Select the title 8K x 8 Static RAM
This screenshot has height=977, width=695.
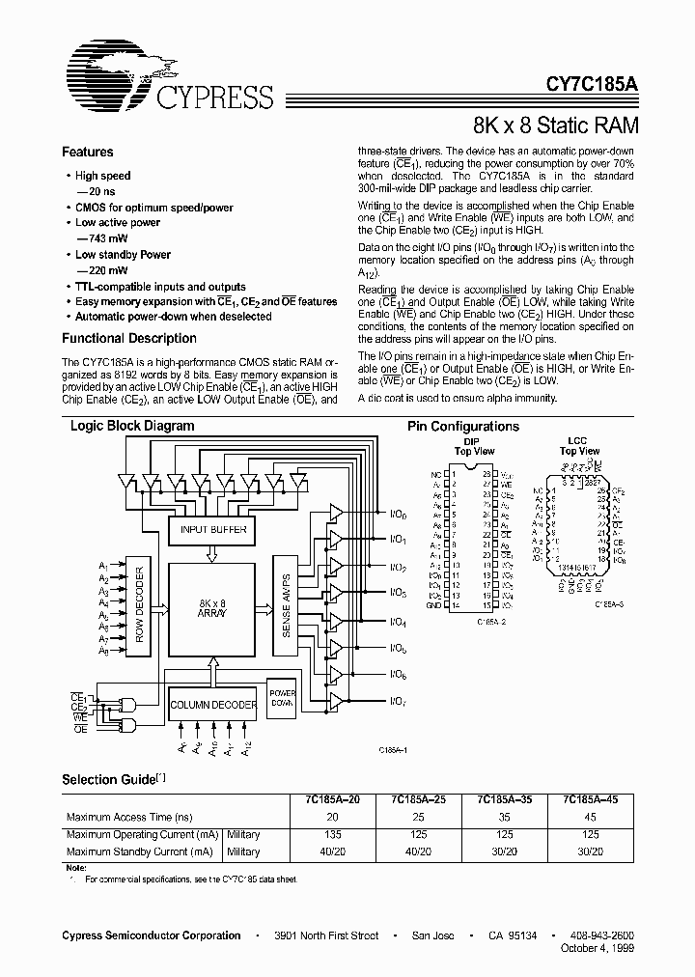555,126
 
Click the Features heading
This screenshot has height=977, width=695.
88,152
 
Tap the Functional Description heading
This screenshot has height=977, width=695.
129,339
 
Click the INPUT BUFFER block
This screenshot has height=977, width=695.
213,530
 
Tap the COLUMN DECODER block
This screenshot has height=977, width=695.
213,705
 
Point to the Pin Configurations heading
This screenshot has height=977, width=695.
463,427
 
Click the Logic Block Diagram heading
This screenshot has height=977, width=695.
132,426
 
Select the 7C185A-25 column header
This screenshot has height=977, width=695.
413,799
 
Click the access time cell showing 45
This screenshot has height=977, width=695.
591,817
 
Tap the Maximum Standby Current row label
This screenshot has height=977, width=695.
139,851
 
